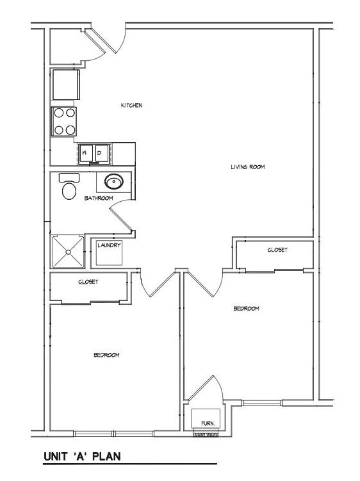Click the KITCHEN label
[x=131, y=105]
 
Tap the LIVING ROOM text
[x=248, y=167]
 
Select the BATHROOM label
[x=99, y=198]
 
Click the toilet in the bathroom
[x=69, y=187]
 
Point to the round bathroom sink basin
[x=114, y=181]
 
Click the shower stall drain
[x=68, y=252]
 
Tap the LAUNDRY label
[x=109, y=245]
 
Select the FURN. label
[x=208, y=423]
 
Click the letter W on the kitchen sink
[x=84, y=152]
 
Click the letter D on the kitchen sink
[x=99, y=152]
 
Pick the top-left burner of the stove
[x=59, y=113]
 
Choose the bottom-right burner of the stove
[x=70, y=130]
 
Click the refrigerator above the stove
[x=66, y=85]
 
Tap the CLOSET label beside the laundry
[x=88, y=282]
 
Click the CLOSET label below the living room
[x=277, y=250]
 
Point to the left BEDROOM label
[x=106, y=355]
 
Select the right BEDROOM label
[x=246, y=308]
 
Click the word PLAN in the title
[x=106, y=457]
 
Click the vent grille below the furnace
[x=206, y=434]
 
